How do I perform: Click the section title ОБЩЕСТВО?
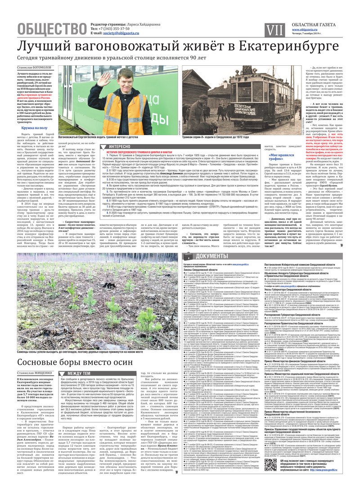(x=52, y=28)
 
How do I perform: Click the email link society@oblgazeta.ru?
(x=121, y=33)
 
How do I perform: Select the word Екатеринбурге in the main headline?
(x=288, y=46)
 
